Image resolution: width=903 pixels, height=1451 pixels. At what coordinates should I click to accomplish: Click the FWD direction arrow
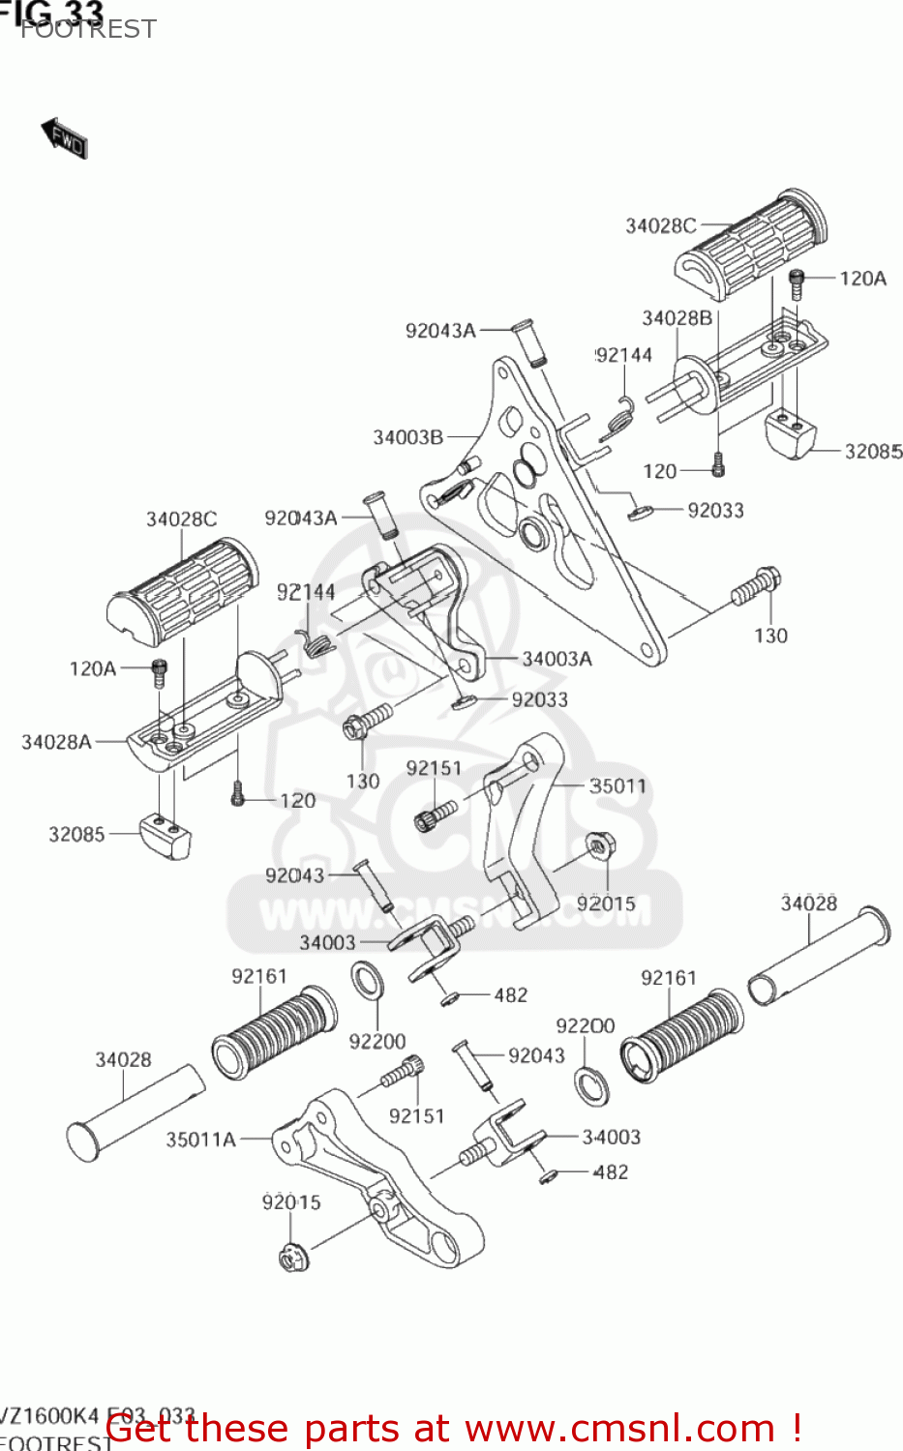65,138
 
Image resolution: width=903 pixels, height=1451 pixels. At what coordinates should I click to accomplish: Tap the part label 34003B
407,437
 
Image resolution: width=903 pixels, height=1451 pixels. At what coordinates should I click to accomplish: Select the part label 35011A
200,1140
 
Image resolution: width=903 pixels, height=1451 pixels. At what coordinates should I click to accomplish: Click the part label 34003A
557,659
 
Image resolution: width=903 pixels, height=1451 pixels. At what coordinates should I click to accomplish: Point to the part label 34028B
677,318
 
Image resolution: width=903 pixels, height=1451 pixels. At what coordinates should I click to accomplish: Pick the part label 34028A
56,742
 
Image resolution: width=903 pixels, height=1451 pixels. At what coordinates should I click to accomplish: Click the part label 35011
617,785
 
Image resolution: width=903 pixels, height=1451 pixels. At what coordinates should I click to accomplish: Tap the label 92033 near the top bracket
715,510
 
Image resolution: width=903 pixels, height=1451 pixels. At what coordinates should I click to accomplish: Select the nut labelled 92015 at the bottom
293,1259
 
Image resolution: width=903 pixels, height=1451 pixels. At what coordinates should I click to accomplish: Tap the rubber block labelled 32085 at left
166,836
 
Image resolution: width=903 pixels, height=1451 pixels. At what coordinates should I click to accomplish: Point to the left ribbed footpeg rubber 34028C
183,592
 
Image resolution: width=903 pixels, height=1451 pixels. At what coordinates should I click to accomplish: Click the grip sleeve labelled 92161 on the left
274,1032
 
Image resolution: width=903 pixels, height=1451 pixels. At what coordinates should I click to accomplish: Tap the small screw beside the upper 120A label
797,284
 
